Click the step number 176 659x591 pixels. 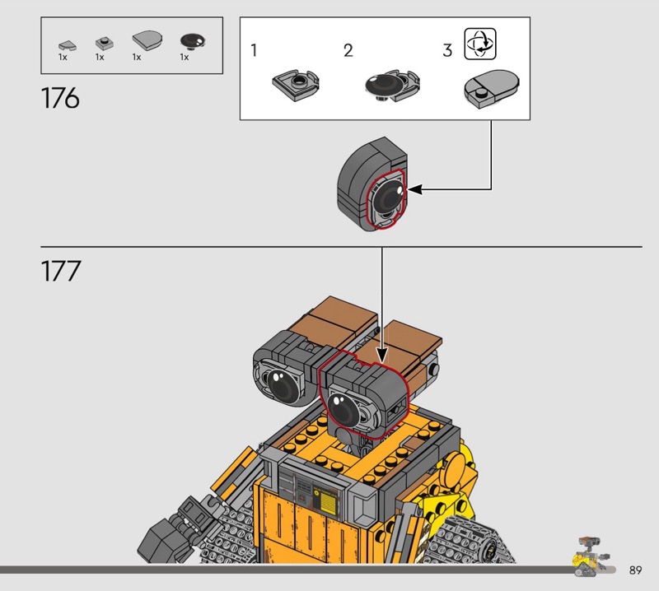(60, 98)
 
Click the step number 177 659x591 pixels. (61, 271)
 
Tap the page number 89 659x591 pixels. (635, 570)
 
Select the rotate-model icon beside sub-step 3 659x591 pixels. (480, 44)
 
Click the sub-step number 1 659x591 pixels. (254, 50)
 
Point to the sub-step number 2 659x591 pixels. (348, 50)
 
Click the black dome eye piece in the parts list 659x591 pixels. (193, 41)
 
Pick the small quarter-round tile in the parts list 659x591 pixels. (68, 45)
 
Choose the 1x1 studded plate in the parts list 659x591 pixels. (105, 43)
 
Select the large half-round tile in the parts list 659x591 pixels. (147, 40)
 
